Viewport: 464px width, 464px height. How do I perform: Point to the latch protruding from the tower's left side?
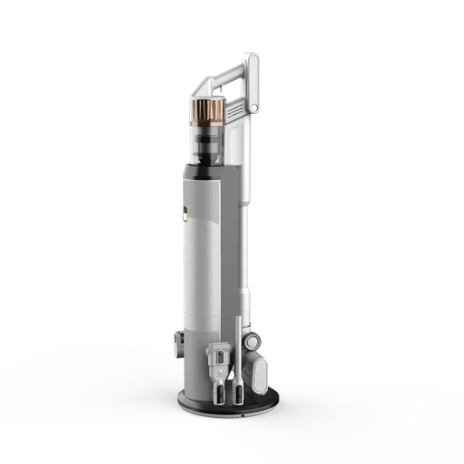[x=176, y=343]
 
